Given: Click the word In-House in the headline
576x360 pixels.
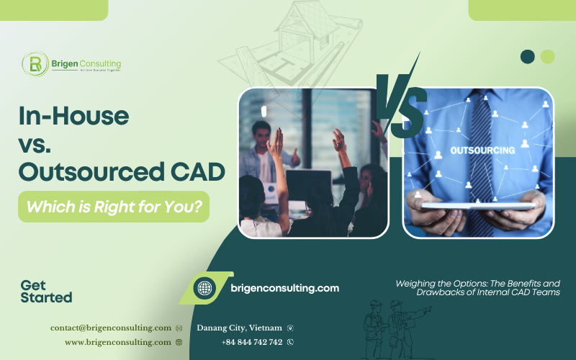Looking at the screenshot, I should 73,117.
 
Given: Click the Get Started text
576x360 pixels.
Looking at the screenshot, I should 46,291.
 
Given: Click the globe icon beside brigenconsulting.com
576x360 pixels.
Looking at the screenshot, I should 204,288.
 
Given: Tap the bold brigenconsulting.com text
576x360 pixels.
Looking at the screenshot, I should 284,288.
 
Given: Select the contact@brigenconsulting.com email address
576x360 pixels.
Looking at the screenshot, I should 110,328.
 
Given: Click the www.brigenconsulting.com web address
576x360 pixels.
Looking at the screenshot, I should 117,342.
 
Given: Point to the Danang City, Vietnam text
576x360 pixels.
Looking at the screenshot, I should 239,328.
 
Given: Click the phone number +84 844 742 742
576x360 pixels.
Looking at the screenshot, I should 252,342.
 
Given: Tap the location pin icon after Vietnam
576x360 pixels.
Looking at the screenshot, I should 290,328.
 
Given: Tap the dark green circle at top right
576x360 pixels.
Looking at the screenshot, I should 528,56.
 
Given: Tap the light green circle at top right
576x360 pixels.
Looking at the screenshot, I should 547,56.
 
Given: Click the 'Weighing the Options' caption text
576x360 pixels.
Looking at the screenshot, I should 477,288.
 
